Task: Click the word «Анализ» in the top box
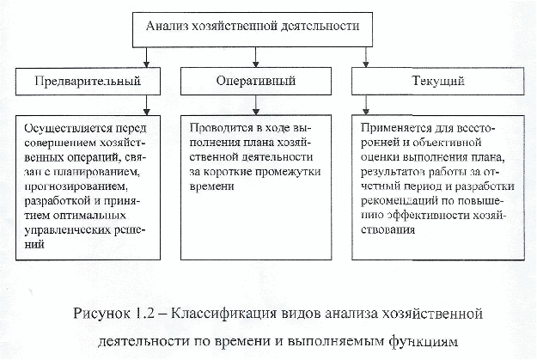pos(167,26)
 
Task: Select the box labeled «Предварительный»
pos(88,81)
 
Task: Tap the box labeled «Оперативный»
pos(256,81)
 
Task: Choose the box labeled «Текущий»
pos(437,81)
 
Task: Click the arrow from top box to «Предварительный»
pos(147,58)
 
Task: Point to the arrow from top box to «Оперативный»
pos(255,58)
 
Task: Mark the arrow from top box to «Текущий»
pos(366,58)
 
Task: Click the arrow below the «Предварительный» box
pos(147,105)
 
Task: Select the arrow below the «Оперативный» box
pos(255,105)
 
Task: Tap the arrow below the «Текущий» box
pos(366,105)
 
